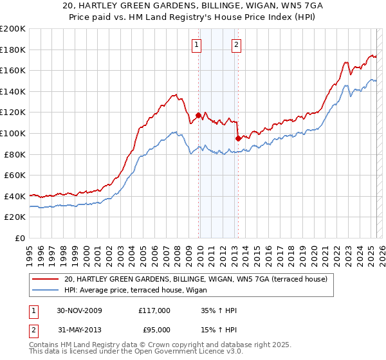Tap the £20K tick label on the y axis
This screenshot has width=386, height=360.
coord(15,217)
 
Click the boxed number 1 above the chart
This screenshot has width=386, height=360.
coord(196,44)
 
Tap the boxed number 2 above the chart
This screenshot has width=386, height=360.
coord(236,44)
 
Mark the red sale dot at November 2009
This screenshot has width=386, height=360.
coord(199,116)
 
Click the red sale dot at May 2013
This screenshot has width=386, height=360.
coord(238,138)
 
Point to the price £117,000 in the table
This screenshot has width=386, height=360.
coord(154,310)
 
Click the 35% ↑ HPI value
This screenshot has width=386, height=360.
coord(219,310)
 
